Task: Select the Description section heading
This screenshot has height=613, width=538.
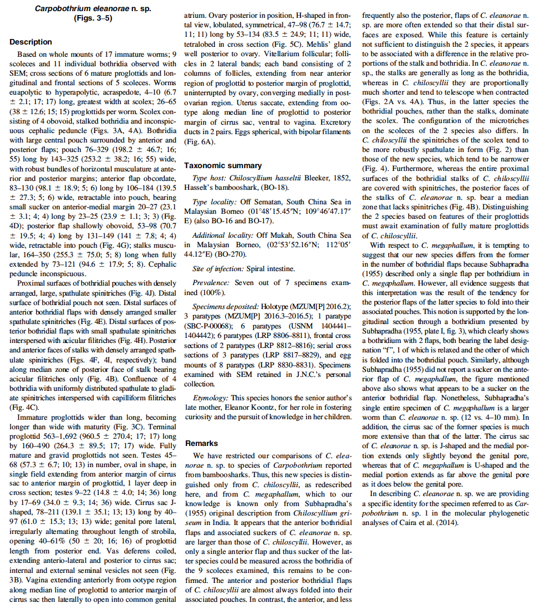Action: [31, 42]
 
